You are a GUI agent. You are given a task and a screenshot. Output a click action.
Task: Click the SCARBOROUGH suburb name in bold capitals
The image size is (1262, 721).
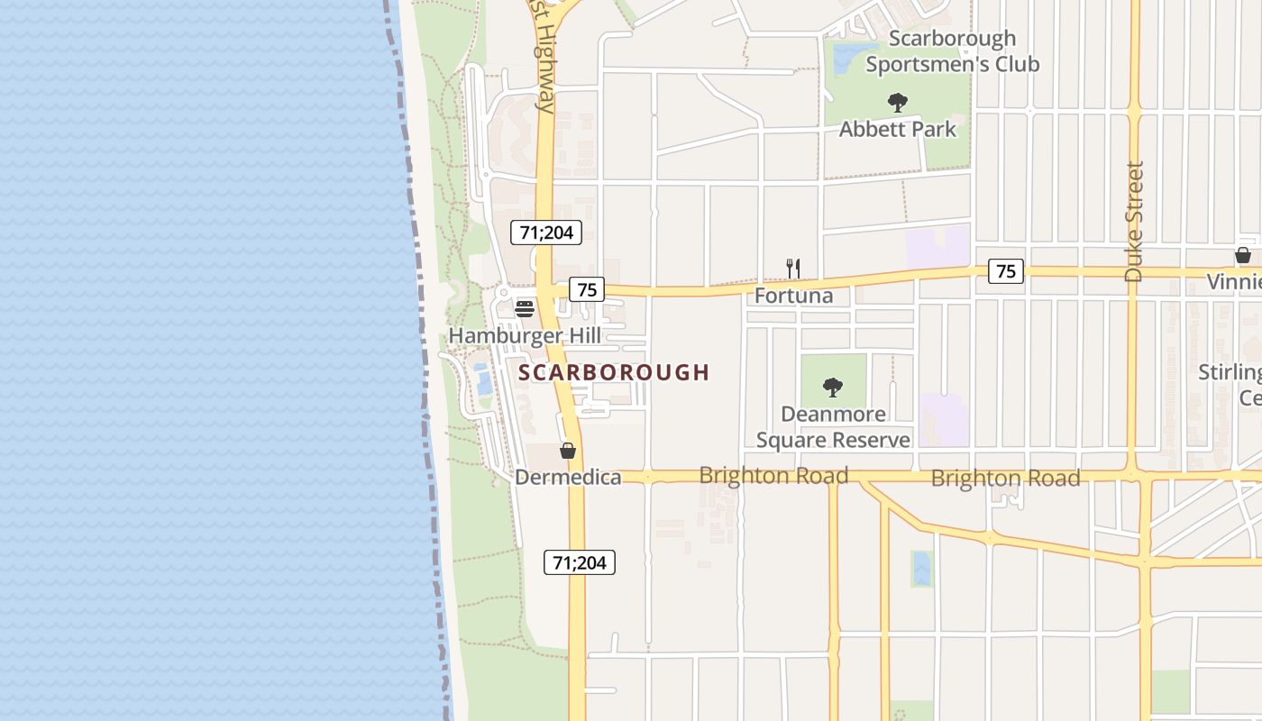pyautogui.click(x=614, y=372)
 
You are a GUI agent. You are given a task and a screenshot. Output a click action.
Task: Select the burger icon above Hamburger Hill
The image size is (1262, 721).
pyautogui.click(x=525, y=309)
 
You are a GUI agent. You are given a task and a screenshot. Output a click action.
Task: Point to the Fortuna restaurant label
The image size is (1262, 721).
pyautogui.click(x=793, y=296)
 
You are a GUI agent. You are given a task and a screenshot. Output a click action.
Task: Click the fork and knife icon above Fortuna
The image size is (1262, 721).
pyautogui.click(x=793, y=268)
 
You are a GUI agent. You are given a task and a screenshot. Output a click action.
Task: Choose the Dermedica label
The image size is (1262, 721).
pyautogui.click(x=568, y=478)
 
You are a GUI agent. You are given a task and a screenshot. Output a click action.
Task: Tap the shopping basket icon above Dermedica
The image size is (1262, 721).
pyautogui.click(x=568, y=451)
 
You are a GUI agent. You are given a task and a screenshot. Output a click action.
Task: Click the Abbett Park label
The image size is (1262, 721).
pyautogui.click(x=897, y=129)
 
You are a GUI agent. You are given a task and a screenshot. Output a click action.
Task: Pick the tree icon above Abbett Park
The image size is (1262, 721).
pyautogui.click(x=897, y=102)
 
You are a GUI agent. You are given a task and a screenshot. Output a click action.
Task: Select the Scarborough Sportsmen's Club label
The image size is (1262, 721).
pyautogui.click(x=952, y=51)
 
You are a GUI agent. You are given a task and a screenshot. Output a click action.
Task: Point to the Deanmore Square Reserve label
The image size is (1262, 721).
pyautogui.click(x=833, y=427)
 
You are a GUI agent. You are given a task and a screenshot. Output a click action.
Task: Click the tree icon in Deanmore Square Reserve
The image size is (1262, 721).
pyautogui.click(x=833, y=388)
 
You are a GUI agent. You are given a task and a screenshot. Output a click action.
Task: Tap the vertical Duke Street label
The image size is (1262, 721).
pyautogui.click(x=1134, y=221)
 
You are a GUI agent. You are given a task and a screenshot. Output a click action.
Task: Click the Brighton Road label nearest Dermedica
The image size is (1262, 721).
pyautogui.click(x=773, y=475)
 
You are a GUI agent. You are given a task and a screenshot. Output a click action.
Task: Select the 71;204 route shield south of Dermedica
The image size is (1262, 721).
pyautogui.click(x=580, y=563)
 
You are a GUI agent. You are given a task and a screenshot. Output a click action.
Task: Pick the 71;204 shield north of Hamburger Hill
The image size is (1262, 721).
pyautogui.click(x=546, y=233)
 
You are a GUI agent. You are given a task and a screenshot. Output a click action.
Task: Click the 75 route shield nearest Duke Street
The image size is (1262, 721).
pyautogui.click(x=1006, y=270)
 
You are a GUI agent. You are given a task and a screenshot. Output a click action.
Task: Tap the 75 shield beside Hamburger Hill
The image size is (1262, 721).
pyautogui.click(x=587, y=289)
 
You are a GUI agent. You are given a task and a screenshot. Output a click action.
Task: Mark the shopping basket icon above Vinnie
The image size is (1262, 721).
pyautogui.click(x=1242, y=255)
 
